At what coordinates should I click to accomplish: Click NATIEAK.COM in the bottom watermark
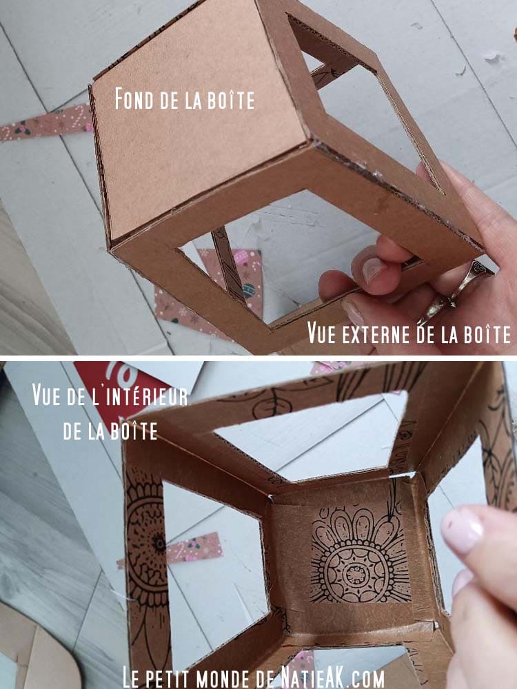click(x=334, y=677)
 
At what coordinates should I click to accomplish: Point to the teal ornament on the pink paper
click(x=248, y=290)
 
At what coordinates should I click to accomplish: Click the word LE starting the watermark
click(x=132, y=677)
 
